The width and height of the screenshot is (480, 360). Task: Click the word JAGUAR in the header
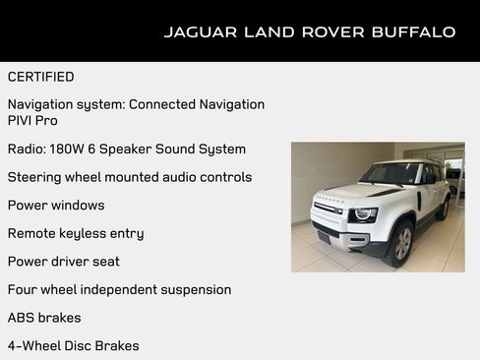coord(197,31)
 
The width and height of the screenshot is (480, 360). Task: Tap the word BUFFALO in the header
coord(413,31)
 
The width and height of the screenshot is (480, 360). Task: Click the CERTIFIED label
coord(40,76)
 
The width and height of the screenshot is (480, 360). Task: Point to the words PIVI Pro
coord(32,120)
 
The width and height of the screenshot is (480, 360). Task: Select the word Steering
coord(34,177)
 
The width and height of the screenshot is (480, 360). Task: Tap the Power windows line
coord(55,205)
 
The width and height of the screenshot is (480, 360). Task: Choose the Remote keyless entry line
coord(76,233)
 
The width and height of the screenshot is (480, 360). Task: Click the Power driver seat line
coord(63,261)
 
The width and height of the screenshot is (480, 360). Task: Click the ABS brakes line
coord(44,317)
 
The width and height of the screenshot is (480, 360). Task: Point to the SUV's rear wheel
coord(444,208)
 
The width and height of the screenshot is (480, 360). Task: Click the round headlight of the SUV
coord(363,213)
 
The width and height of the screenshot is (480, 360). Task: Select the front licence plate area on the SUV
coord(324,236)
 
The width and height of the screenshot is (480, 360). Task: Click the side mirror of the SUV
coord(429,180)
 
